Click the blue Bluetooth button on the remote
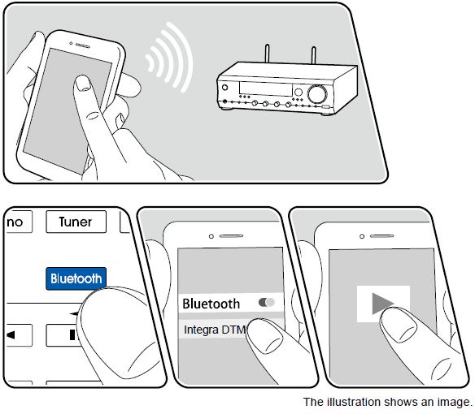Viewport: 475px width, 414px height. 76,278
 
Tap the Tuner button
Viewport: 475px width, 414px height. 75,222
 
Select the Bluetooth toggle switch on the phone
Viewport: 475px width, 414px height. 266,302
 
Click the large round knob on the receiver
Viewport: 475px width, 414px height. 316,94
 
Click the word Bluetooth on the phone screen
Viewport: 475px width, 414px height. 211,304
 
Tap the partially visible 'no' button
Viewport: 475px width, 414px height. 15,222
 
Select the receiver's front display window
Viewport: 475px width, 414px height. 260,87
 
